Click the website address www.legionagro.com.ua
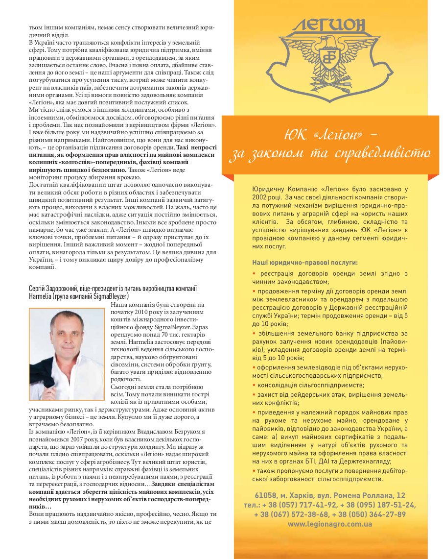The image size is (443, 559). click(x=330, y=524)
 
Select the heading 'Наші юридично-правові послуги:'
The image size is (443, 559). click(x=304, y=263)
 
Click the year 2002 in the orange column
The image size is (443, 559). click(x=261, y=196)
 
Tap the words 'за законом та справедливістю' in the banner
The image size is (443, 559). click(x=330, y=153)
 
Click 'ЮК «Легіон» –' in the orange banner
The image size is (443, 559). click(x=331, y=133)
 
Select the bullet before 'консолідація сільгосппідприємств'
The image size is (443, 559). click(x=254, y=385)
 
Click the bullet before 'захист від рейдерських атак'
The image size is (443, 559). click(x=254, y=394)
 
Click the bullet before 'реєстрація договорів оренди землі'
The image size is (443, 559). click(x=254, y=273)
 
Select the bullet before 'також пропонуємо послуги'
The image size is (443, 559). click(x=254, y=470)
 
